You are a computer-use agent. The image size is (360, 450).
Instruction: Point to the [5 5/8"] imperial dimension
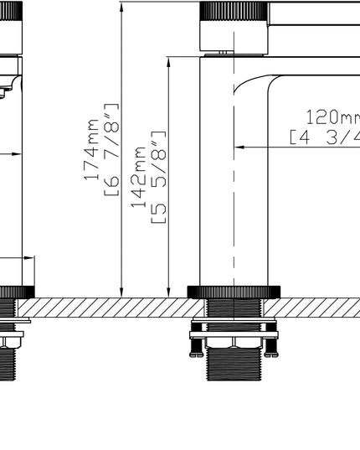[157, 177]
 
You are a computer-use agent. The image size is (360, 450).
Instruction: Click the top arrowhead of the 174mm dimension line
[122, 7]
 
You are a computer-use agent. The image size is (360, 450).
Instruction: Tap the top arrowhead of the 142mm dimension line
[169, 61]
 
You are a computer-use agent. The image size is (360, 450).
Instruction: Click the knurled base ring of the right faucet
[234, 292]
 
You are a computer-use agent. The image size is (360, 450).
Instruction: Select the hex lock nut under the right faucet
[234, 343]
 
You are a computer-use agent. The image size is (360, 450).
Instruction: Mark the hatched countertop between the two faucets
[109, 308]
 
